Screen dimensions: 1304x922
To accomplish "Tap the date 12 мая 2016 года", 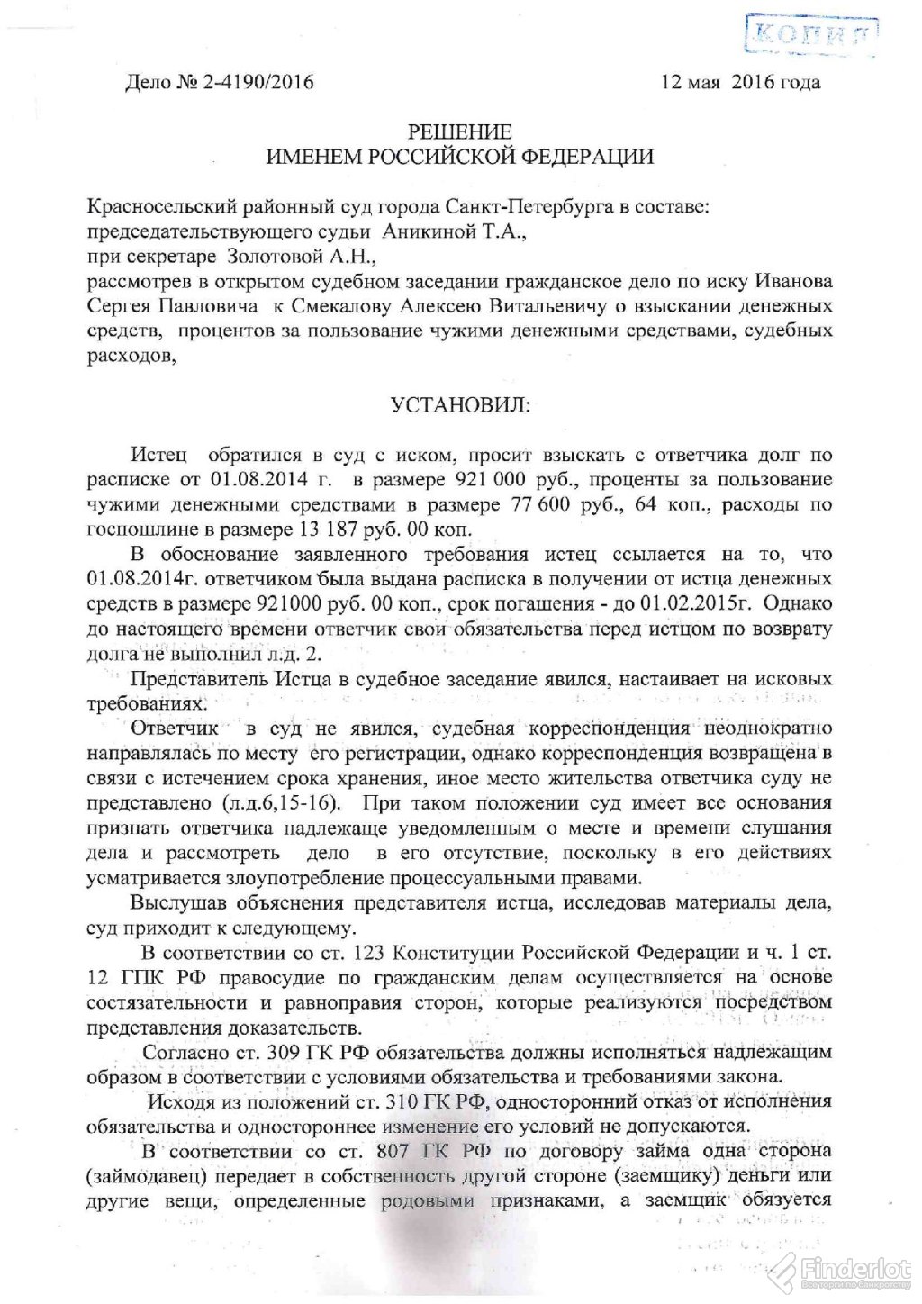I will [741, 83].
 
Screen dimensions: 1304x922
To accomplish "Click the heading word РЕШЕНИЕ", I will [460, 132].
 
